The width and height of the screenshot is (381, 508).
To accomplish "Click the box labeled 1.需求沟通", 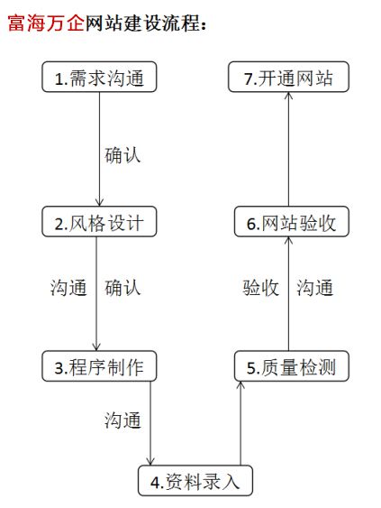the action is (99, 77).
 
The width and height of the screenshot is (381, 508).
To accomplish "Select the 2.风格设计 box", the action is (99, 222).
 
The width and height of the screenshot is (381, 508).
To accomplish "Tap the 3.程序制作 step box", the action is (99, 366).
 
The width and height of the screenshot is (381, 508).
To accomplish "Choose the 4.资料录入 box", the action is (195, 481).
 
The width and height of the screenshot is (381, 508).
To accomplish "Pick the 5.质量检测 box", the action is (292, 366).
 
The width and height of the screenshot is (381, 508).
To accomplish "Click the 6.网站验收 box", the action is (292, 222).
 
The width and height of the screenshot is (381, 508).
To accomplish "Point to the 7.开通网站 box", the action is (288, 77).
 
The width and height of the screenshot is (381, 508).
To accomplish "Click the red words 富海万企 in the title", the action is (46, 23).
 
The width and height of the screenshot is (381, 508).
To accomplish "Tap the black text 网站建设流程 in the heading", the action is (142, 23).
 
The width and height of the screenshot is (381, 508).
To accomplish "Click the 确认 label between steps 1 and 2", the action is (122, 155).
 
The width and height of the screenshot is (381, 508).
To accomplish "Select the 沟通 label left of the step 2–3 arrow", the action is (68, 287).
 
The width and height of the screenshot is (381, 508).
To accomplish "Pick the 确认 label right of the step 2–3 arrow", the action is (122, 287).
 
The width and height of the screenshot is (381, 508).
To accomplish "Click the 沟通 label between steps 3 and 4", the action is (122, 420).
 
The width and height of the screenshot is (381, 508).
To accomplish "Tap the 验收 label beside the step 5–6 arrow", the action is (260, 287).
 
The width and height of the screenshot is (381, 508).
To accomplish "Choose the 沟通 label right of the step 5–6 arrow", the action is (314, 287).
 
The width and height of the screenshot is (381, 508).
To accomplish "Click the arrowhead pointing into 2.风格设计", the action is (99, 202).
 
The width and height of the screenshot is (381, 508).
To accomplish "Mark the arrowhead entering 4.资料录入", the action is (150, 461).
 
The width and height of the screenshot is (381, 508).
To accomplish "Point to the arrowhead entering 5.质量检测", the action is (240, 385).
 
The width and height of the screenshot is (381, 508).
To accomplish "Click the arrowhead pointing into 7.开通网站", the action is (288, 97).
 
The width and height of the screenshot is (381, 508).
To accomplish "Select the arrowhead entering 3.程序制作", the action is (96, 346).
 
